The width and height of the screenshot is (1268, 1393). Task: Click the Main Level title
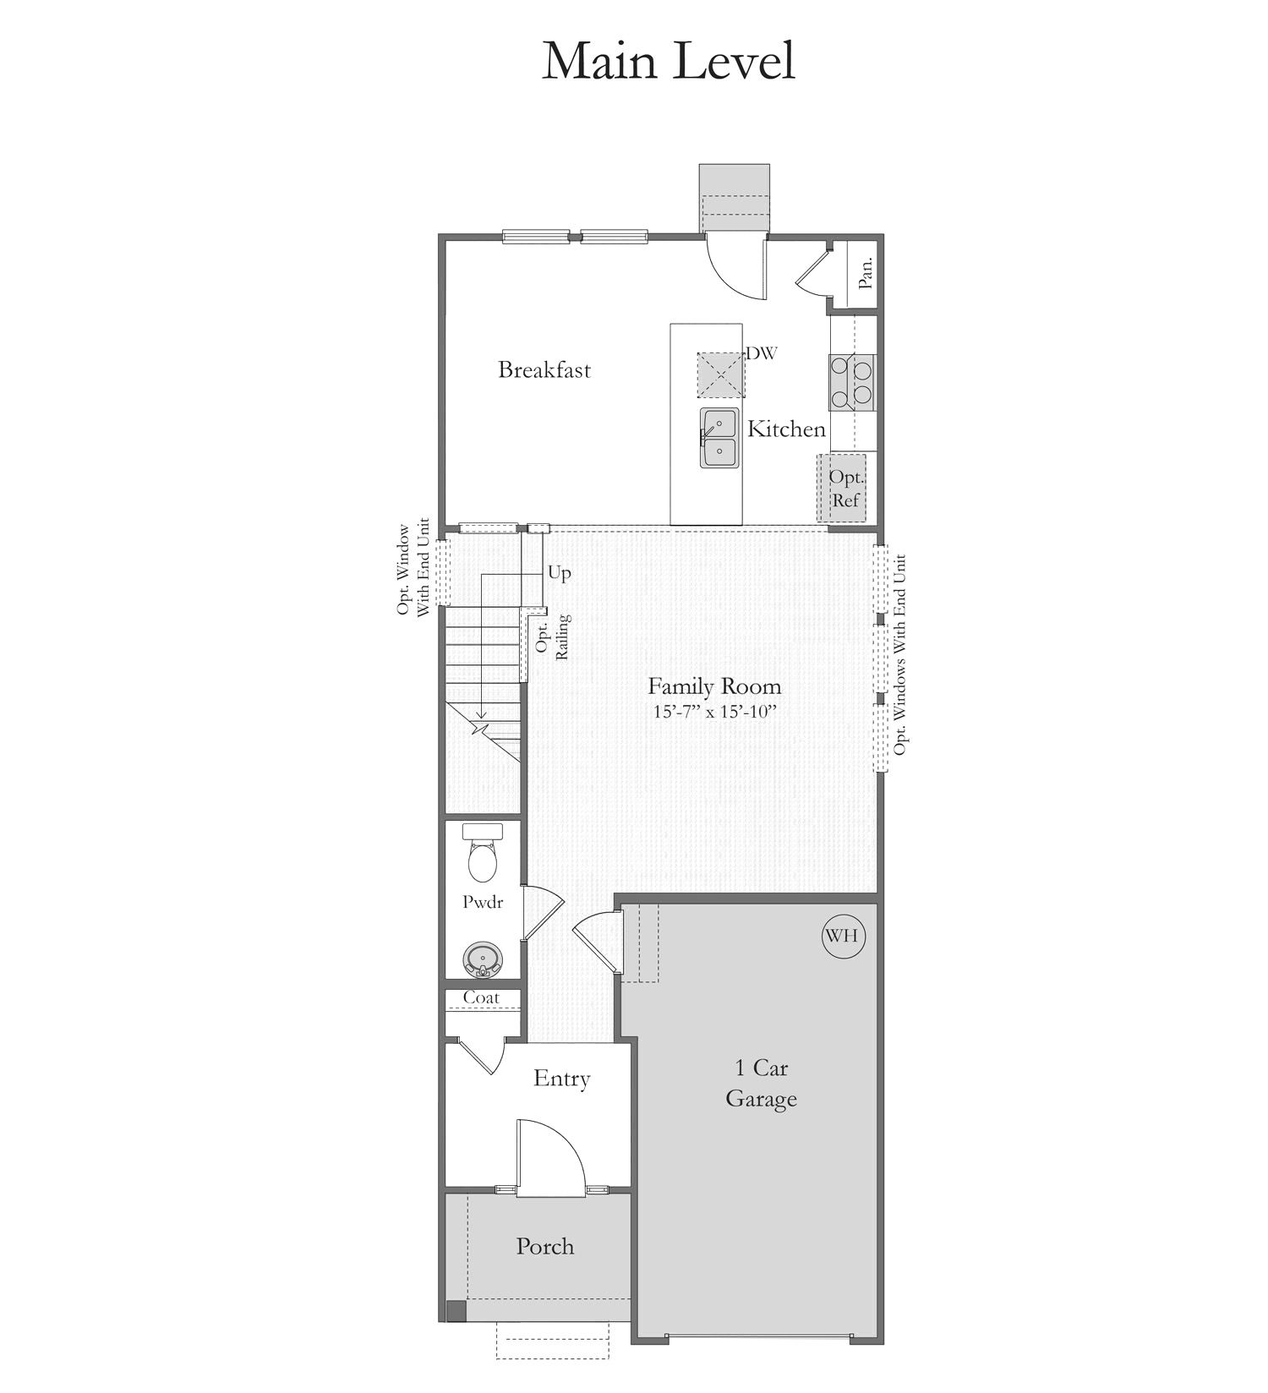click(668, 60)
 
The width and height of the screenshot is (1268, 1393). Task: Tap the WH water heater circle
click(842, 936)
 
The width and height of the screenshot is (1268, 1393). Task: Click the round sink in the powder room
click(483, 959)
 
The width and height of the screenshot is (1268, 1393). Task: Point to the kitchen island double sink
click(719, 438)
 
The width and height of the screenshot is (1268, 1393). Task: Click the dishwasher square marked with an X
click(721, 374)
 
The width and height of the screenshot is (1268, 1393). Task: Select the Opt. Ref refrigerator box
click(841, 488)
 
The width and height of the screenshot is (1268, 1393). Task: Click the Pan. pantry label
click(866, 273)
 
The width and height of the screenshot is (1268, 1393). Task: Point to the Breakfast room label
click(544, 369)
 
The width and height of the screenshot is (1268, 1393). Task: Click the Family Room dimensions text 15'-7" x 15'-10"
click(714, 712)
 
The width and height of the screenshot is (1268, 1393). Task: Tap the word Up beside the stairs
click(560, 573)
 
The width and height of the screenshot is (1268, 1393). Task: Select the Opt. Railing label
click(553, 636)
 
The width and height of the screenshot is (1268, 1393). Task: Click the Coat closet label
click(481, 997)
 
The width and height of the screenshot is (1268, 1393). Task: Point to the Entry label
click(561, 1079)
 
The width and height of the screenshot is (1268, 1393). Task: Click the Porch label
click(545, 1246)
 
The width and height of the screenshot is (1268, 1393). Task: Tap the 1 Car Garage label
click(761, 1084)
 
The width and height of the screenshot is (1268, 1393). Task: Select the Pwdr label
click(483, 902)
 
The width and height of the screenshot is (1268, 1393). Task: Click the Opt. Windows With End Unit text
click(900, 655)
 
